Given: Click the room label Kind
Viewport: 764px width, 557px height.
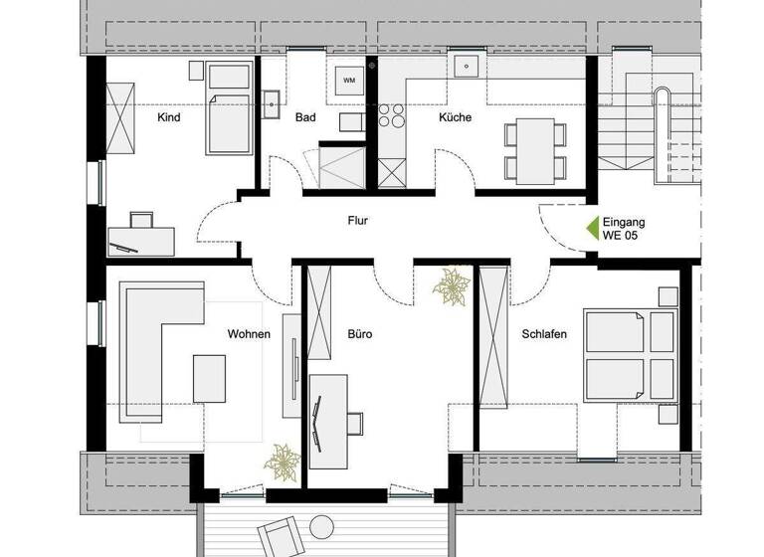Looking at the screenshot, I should tap(169, 117).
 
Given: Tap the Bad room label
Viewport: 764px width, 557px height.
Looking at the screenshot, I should tap(305, 117).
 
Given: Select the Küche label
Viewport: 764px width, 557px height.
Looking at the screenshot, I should tap(455, 117).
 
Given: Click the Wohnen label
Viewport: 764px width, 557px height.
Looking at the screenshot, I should tap(249, 334).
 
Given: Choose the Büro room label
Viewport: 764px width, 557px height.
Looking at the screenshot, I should tap(359, 334).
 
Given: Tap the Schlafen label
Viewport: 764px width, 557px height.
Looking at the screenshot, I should tap(544, 334).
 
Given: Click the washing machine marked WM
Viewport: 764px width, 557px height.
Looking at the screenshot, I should tap(348, 80).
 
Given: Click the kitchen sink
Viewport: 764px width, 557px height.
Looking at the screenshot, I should tap(463, 67).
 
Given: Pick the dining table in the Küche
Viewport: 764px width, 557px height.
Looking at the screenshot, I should tap(535, 149).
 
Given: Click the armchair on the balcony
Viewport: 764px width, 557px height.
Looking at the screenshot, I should tap(280, 538).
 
